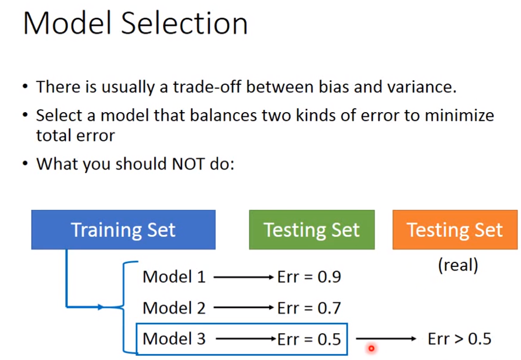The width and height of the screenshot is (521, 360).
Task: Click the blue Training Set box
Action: point(123,230)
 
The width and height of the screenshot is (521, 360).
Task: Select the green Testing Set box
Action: point(312,230)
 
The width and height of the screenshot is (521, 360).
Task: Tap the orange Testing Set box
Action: point(455,230)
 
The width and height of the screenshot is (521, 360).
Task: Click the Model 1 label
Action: point(174,277)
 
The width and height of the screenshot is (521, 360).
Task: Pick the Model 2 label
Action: point(174,308)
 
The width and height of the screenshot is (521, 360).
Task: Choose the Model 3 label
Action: point(174,339)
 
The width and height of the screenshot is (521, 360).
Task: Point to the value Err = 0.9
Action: point(310,277)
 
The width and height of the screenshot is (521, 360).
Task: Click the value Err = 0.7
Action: point(310,308)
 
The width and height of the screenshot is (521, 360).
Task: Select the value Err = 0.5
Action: point(310,339)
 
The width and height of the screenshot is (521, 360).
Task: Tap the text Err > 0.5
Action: point(460,339)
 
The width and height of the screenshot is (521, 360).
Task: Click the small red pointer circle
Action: point(371,348)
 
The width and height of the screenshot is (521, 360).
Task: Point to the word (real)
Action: point(458,265)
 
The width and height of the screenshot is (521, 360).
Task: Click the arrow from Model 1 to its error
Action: point(244,277)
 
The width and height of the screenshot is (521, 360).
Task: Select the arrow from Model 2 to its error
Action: point(244,308)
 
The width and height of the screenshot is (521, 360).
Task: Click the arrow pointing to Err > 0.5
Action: point(386,339)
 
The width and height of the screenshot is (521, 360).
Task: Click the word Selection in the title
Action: point(185,23)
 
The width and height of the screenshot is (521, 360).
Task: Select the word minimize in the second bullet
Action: point(460,116)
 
